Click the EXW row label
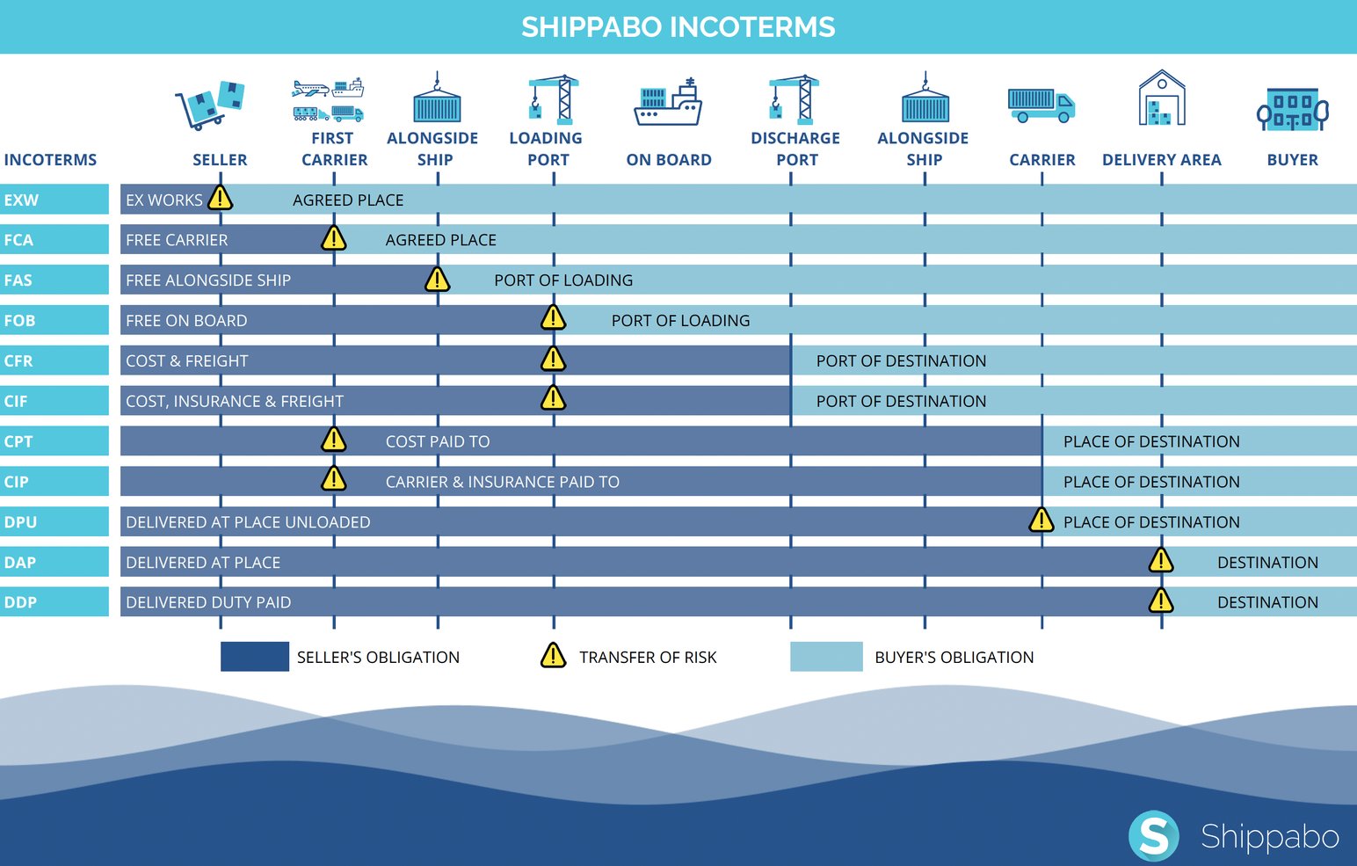(21, 200)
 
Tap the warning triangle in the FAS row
(437, 280)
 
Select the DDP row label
(21, 602)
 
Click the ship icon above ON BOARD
(668, 104)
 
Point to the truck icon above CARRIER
(1041, 105)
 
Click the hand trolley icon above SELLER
(210, 105)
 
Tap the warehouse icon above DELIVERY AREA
(1162, 98)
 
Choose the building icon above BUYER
(1292, 110)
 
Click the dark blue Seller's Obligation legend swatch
(255, 657)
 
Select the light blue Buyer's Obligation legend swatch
(826, 657)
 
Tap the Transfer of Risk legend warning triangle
(553, 656)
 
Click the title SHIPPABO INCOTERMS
(678, 26)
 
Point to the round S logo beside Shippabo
(1153, 835)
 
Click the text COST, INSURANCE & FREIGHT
(235, 401)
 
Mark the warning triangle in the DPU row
(1041, 520)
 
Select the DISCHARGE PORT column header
(795, 149)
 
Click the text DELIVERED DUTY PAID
(208, 602)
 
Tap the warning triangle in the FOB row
(553, 317)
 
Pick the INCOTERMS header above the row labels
(50, 160)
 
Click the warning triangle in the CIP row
(333, 479)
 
